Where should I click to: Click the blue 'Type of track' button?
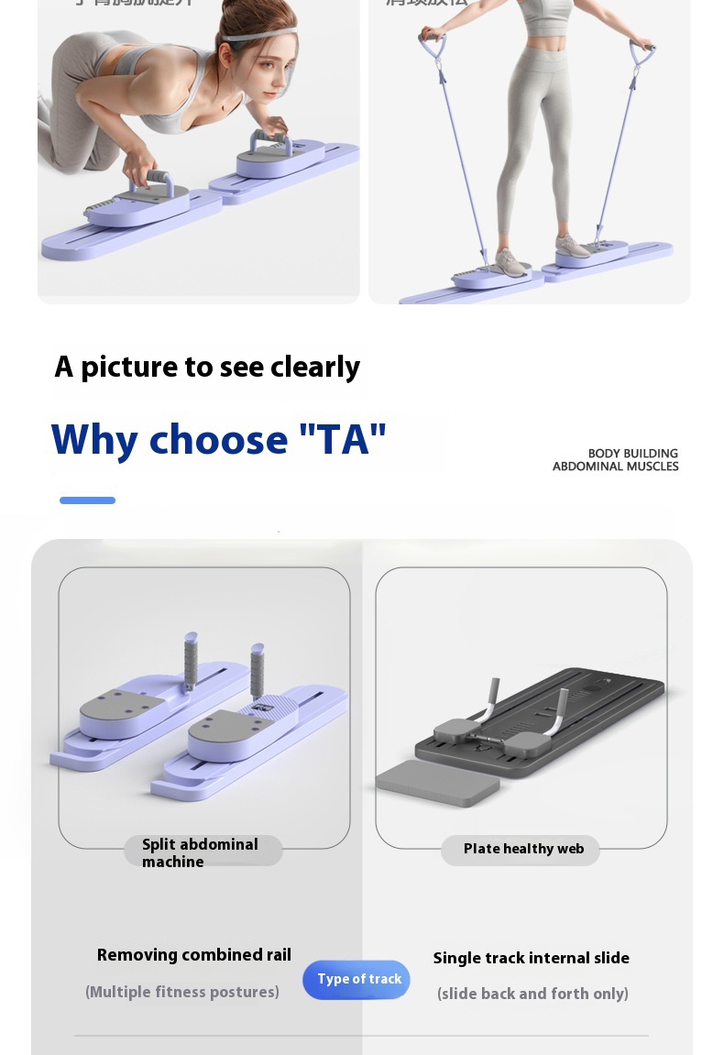[357, 979]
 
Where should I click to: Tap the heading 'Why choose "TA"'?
[219, 440]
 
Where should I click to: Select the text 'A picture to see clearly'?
[207, 367]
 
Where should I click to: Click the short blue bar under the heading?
[87, 500]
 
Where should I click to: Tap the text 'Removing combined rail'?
[194, 955]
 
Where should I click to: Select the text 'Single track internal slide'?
[531, 958]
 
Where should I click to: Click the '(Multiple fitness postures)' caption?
[182, 992]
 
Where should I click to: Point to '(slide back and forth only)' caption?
[532, 994]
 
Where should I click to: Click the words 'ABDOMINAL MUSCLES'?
[615, 467]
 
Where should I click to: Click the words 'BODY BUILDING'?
[632, 454]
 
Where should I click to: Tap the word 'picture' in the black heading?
[128, 367]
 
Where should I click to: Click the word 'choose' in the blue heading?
[218, 440]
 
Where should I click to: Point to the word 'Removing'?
[137, 955]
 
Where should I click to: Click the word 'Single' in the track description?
[456, 958]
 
